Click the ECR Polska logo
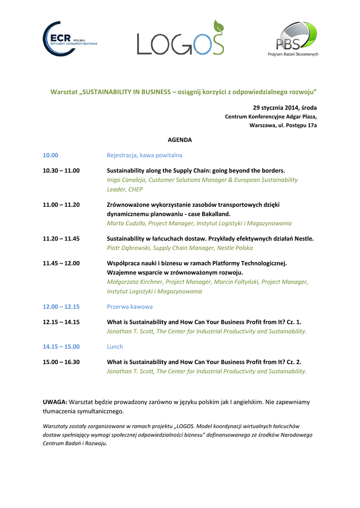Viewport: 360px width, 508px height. click(x=70, y=39)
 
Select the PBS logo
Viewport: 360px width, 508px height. click(x=296, y=38)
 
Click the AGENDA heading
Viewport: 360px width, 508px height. click(x=180, y=140)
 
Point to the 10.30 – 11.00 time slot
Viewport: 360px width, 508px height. click(x=61, y=171)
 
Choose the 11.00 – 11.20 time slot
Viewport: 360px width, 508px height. click(x=61, y=204)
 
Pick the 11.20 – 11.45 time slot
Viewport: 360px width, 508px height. click(x=61, y=239)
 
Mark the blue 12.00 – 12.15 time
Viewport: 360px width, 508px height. click(x=61, y=307)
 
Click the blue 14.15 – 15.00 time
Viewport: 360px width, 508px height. click(x=61, y=347)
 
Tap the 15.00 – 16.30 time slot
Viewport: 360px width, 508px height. click(x=61, y=362)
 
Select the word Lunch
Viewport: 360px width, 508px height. click(x=115, y=347)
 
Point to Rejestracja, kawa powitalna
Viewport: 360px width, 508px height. click(x=144, y=155)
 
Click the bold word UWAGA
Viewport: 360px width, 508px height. click(x=55, y=402)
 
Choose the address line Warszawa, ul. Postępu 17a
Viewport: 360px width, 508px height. click(x=283, y=126)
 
